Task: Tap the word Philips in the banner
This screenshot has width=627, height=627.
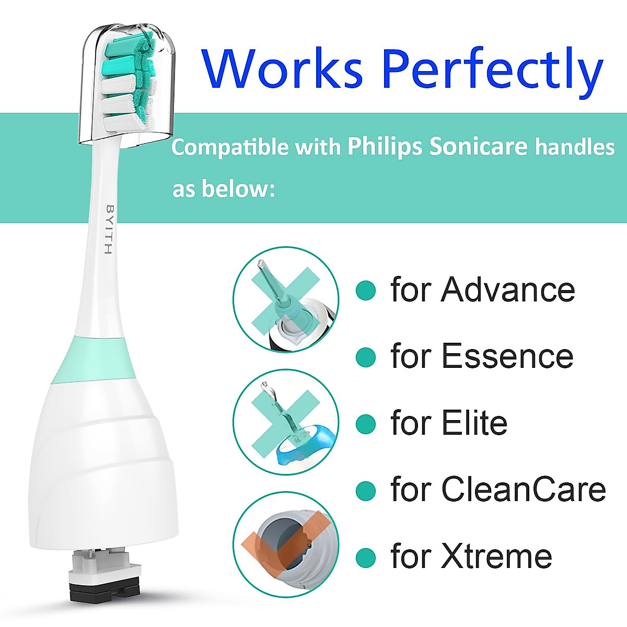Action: (x=384, y=147)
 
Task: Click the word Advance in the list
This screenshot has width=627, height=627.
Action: (x=507, y=289)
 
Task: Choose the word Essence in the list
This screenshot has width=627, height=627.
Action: (x=507, y=356)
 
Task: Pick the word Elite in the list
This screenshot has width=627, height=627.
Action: (x=474, y=423)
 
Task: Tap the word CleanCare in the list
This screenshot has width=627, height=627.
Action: (x=523, y=490)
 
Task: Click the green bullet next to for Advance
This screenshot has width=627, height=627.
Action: (x=366, y=290)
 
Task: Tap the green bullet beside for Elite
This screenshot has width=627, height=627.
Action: (x=366, y=424)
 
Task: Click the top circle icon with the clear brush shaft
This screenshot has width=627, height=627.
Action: (x=285, y=299)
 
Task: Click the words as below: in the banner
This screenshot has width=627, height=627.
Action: (x=224, y=189)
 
